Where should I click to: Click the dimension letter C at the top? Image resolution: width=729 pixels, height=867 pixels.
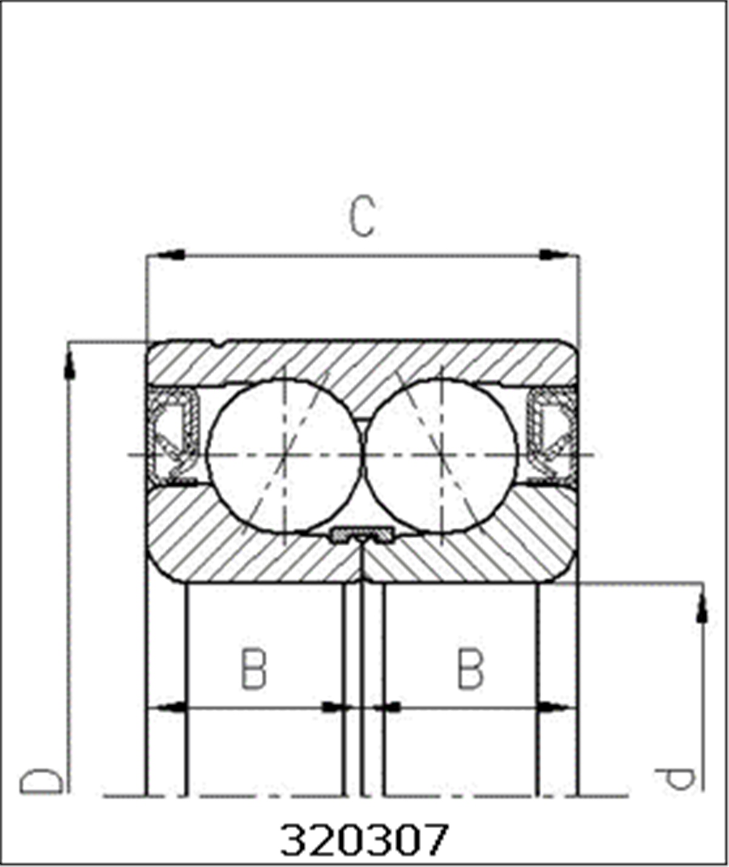363,216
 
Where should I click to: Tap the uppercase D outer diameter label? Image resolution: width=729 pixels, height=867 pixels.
41,781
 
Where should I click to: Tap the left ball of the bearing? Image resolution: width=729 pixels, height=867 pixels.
285,456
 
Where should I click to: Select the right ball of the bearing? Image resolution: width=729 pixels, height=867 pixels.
441,456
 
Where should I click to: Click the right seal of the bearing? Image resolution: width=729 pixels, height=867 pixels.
552,435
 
